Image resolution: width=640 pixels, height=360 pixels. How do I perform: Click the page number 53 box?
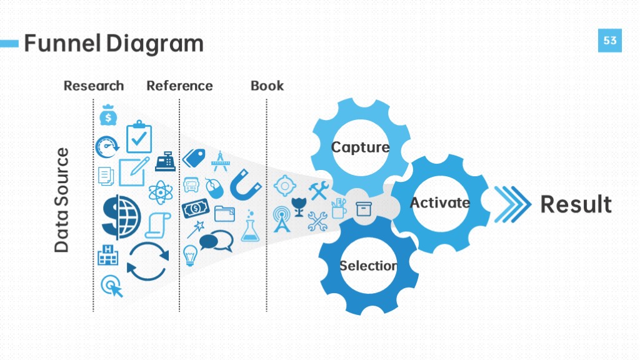tap(610, 41)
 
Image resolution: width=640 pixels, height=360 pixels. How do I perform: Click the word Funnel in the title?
tap(62, 43)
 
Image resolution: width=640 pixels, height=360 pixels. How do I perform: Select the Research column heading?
tap(94, 86)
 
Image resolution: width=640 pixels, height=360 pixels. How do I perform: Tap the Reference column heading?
tap(179, 86)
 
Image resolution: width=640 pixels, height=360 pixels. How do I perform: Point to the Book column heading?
tap(267, 86)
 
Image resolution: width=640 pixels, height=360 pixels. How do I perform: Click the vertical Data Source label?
tap(62, 200)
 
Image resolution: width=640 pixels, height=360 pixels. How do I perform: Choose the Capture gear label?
tap(360, 147)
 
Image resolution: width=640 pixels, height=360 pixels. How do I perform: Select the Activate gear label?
tap(439, 202)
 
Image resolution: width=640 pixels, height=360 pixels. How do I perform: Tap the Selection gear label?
tap(368, 266)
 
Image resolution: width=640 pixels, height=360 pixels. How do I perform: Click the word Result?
tap(576, 204)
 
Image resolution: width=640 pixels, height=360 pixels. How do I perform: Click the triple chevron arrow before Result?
tap(512, 204)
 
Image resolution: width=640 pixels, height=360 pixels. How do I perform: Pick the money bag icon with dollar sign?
tap(108, 115)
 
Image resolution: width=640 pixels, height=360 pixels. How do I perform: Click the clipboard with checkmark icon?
tap(139, 137)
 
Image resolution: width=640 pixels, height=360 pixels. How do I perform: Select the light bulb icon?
tap(190, 256)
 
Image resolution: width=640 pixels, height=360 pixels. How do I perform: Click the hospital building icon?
tap(107, 255)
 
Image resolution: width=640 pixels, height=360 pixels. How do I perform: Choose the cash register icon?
tap(165, 161)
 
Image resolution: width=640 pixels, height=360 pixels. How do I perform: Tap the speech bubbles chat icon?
tap(216, 241)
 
